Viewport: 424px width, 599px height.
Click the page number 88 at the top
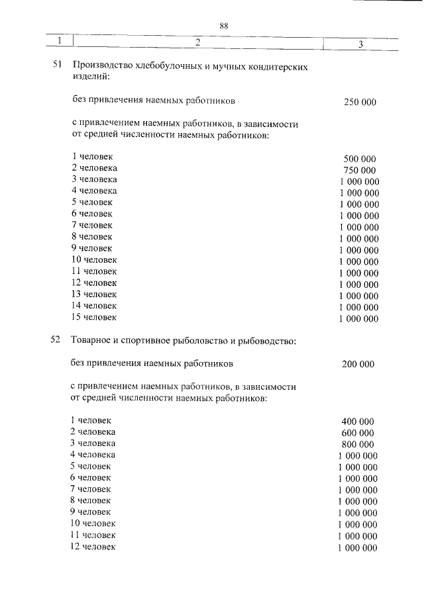click(224, 26)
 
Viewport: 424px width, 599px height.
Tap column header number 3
click(360, 44)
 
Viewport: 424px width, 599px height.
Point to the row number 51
click(56, 66)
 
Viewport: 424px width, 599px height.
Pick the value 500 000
click(360, 159)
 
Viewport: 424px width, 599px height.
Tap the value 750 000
click(360, 170)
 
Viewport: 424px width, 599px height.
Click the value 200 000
click(358, 364)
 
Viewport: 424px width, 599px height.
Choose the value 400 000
click(358, 422)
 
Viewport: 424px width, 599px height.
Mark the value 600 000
click(358, 433)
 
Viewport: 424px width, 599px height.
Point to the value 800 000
click(358, 444)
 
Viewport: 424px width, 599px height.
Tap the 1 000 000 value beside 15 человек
click(358, 318)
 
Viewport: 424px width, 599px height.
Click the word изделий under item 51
click(89, 78)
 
